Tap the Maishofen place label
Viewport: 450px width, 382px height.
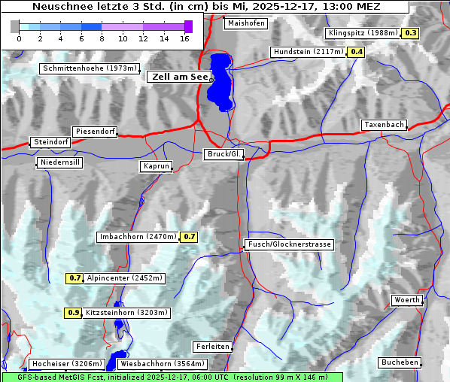pyautogui.click(x=245, y=23)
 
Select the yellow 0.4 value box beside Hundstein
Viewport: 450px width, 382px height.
pyautogui.click(x=356, y=52)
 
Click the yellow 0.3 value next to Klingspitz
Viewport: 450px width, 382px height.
pyautogui.click(x=410, y=33)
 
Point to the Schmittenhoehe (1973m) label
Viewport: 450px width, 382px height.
pyautogui.click(x=90, y=68)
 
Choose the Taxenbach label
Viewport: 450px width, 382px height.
pyautogui.click(x=384, y=125)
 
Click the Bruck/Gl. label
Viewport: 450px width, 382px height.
pyautogui.click(x=224, y=154)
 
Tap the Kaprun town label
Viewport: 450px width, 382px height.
pyautogui.click(x=156, y=166)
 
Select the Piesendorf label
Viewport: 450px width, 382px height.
pyautogui.click(x=95, y=132)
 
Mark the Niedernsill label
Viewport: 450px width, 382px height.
pyautogui.click(x=59, y=162)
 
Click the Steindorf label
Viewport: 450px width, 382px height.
pyautogui.click(x=50, y=142)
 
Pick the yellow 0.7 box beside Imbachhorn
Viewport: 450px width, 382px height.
pyautogui.click(x=189, y=237)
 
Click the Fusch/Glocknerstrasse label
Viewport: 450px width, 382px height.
pyautogui.click(x=289, y=244)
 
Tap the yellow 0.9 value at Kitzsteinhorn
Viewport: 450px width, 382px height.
pyautogui.click(x=73, y=313)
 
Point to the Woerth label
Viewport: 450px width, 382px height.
pyautogui.click(x=407, y=300)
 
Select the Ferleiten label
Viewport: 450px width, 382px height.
pyautogui.click(x=212, y=347)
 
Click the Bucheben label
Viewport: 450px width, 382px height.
pyautogui.click(x=399, y=362)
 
